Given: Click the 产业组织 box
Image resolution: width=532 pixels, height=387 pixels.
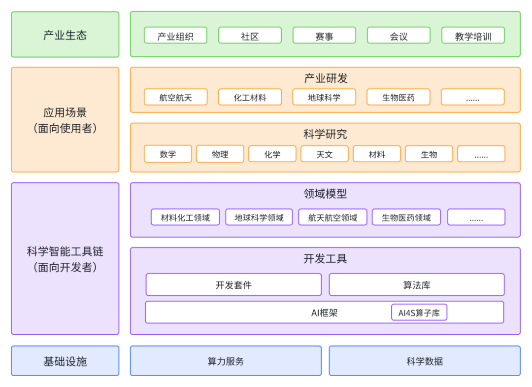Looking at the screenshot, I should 175,35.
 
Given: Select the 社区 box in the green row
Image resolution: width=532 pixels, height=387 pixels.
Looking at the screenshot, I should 250,35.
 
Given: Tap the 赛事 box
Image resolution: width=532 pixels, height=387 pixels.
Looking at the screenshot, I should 324,35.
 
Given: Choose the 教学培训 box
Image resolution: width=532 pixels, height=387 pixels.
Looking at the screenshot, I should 473,35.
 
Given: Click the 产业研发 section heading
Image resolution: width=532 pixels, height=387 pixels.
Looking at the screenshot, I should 325,78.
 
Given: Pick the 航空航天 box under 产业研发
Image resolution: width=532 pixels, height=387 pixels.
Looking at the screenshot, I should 175,97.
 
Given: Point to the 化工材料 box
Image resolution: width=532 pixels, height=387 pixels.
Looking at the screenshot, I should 250,97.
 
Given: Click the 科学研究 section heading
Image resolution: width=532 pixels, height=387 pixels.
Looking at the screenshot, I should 325,134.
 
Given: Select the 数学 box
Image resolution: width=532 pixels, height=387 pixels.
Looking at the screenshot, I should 167,154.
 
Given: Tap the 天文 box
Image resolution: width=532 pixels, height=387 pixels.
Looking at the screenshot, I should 324,154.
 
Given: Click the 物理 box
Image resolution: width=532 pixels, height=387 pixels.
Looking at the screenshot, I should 220,154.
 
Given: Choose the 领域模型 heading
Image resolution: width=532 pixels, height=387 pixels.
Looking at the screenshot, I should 325,194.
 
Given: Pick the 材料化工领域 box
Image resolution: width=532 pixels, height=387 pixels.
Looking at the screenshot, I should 185,217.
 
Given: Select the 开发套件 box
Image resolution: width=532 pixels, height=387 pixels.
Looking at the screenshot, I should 233,285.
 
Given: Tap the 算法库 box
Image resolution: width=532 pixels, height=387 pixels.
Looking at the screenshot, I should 417,285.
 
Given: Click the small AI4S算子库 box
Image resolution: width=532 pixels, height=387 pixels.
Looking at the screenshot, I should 419,313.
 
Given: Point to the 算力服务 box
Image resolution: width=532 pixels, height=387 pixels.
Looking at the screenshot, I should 226,361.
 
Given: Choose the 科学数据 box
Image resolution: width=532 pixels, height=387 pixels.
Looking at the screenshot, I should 425,361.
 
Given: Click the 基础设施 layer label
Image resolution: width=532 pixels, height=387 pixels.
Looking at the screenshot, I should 65,361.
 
